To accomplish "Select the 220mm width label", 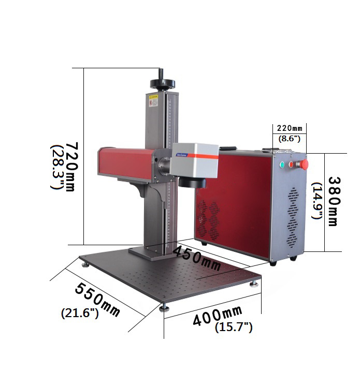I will coord(289,128).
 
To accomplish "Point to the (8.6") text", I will coord(289,139).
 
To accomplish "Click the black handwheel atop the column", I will coord(162,83).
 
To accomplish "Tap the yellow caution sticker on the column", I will coord(153,100).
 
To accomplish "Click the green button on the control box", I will coord(282,166).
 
